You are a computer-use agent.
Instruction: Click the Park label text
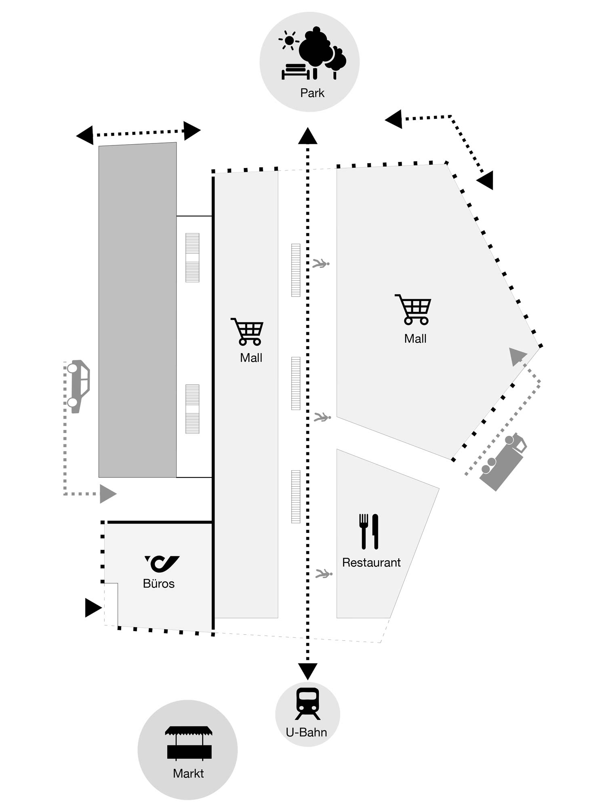312,93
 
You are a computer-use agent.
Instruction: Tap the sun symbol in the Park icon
288,40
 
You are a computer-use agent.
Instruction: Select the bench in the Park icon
296,72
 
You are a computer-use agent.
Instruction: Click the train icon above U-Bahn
307,704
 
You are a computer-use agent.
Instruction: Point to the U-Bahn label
306,732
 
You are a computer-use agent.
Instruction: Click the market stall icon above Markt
188,743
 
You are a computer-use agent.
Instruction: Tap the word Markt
188,773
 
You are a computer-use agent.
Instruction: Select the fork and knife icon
369,531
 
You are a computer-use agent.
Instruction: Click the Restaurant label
371,562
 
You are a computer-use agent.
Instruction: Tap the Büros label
159,583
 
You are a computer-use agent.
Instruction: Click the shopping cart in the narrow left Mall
248,331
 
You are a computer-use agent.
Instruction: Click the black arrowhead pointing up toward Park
308,137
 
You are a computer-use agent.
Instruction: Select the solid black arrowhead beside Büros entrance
93,608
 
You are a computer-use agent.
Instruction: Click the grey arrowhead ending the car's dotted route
107,494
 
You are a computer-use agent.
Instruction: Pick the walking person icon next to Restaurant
324,573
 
